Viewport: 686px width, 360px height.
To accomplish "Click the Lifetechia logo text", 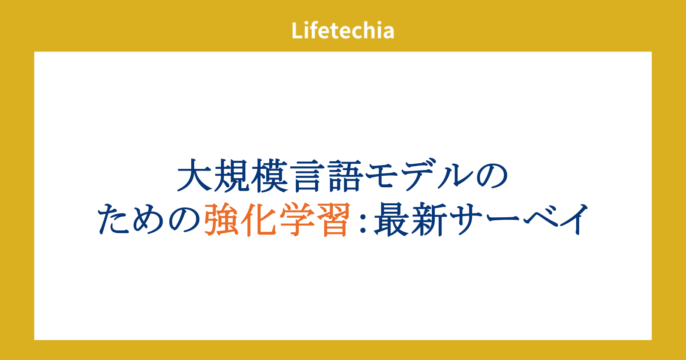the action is pyautogui.click(x=343, y=30).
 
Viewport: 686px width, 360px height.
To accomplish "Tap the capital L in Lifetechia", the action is pyautogui.click(x=297, y=30).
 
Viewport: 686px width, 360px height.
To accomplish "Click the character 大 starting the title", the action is pyautogui.click(x=195, y=176).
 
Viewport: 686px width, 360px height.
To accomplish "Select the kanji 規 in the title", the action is pyautogui.click(x=232, y=176).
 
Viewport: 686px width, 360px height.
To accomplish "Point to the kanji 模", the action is pyautogui.click(x=269, y=176).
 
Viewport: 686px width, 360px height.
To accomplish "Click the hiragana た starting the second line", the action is pyautogui.click(x=113, y=219).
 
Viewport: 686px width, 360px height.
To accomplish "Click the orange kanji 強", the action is pyautogui.click(x=221, y=219).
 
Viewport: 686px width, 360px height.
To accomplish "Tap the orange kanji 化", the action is pyautogui.click(x=259, y=219).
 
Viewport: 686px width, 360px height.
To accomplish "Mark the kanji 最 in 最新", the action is pyautogui.click(x=391, y=219).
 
